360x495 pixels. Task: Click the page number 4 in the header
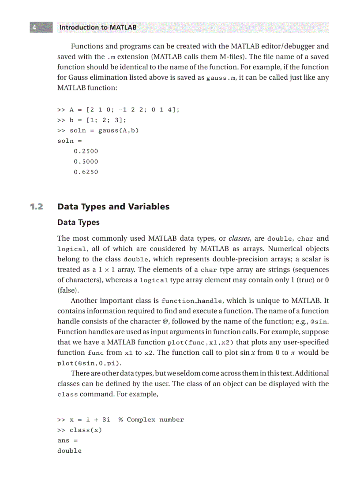[x=34, y=27]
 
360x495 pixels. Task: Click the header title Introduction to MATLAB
[x=97, y=27]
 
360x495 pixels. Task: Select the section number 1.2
[x=37, y=207]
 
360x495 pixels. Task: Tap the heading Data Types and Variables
[x=113, y=207]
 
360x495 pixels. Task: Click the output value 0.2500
[x=86, y=151]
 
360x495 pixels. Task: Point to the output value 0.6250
[x=86, y=172]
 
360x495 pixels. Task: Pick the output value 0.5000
[x=86, y=162]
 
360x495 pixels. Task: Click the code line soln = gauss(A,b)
[x=98, y=130]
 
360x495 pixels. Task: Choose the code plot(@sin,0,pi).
[x=90, y=363]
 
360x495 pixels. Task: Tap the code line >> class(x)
[x=79, y=430]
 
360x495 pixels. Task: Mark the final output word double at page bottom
[x=69, y=450]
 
